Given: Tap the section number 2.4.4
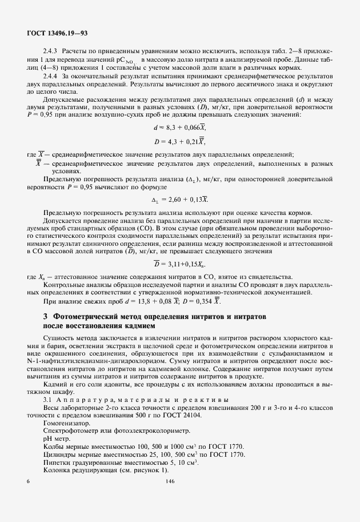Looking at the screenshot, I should (x=50, y=76).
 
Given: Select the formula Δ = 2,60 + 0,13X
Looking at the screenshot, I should (x=179, y=200).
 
